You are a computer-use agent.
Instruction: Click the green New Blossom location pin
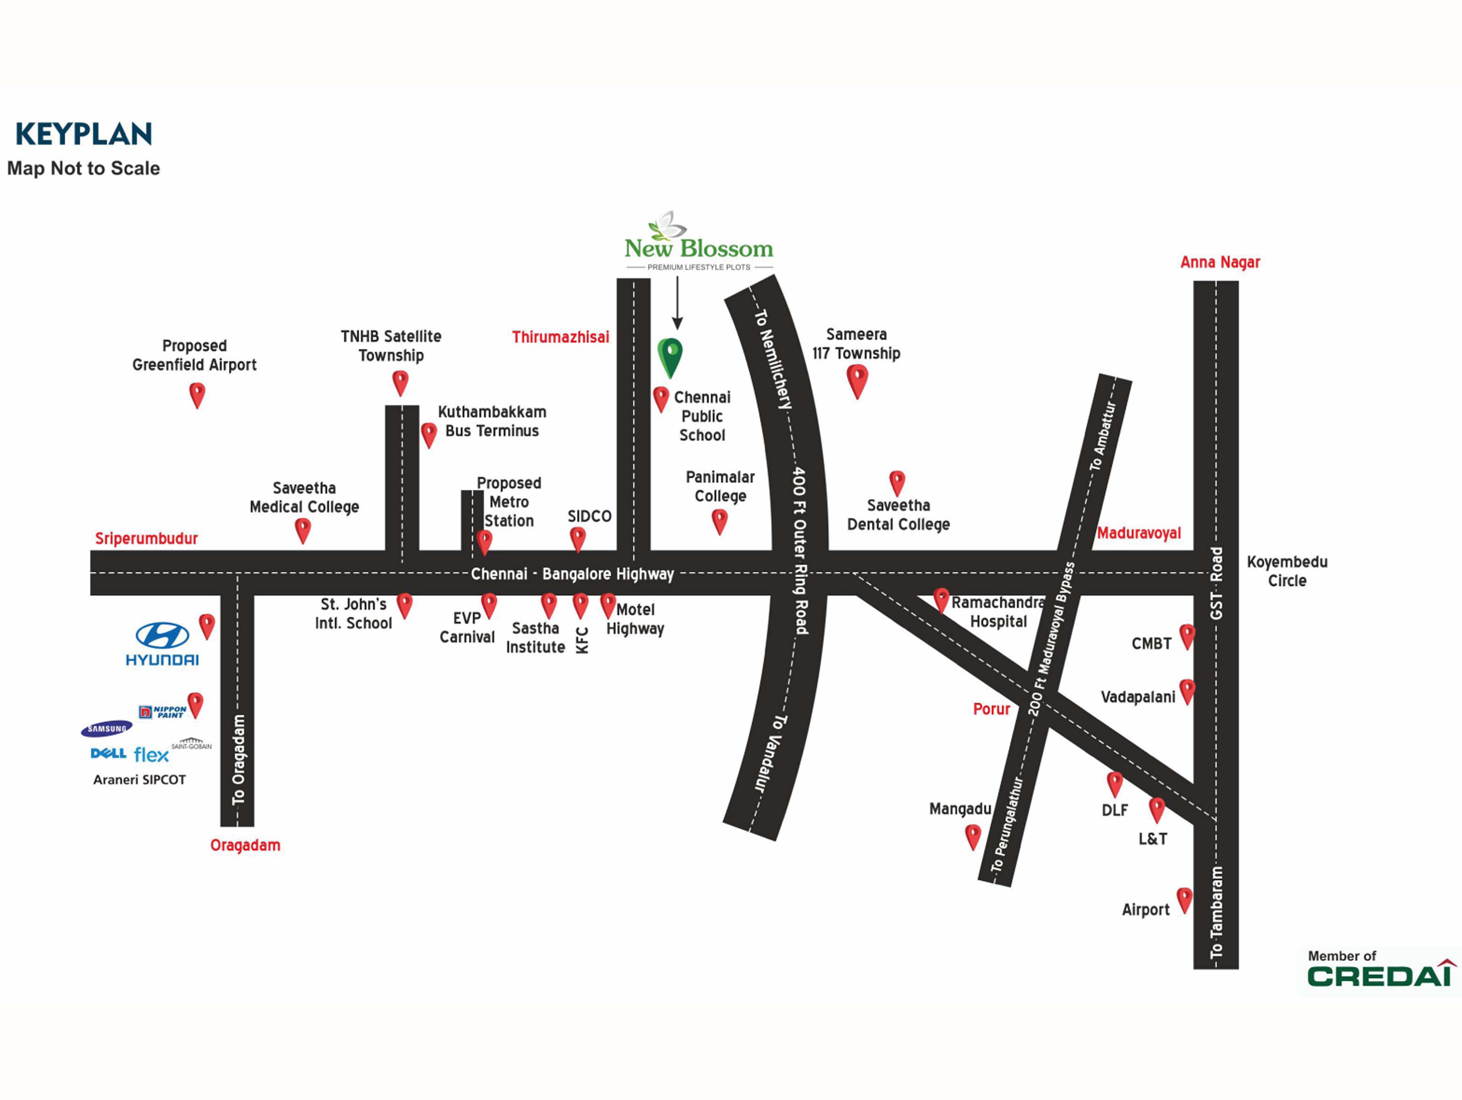coord(670,355)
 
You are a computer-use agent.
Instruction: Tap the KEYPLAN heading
coord(84,134)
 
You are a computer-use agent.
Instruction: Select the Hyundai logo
coord(162,643)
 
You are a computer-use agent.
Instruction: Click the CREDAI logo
coord(1380,975)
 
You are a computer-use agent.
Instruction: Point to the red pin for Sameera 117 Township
coord(856,380)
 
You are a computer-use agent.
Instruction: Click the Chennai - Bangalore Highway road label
coord(572,573)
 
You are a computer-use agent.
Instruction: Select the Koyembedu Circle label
coord(1286,571)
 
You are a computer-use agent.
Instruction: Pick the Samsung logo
coord(106,729)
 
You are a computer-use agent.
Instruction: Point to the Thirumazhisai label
coord(560,337)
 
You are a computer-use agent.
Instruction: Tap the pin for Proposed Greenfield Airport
coord(197,395)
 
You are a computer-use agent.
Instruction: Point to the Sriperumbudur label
coord(146,538)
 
